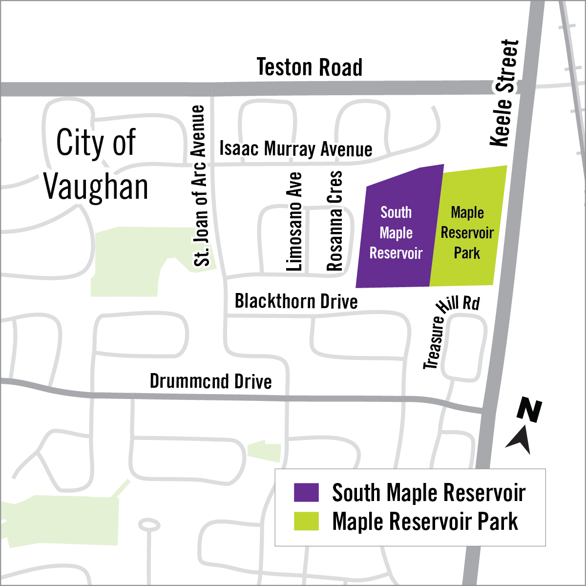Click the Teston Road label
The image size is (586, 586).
[310, 68]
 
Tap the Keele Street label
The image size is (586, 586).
[504, 93]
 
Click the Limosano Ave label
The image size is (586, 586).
[294, 222]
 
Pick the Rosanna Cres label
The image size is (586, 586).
[335, 221]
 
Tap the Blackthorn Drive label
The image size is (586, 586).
[296, 301]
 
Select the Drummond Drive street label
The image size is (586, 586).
[210, 381]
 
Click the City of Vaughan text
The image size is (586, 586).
[96, 165]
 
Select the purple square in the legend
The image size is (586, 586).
[306, 492]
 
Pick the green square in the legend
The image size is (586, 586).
[306, 521]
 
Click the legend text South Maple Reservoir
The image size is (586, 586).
[429, 493]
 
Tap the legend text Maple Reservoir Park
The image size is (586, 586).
[425, 522]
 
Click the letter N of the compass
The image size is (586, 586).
[529, 411]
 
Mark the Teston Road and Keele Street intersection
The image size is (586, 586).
[527, 88]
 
